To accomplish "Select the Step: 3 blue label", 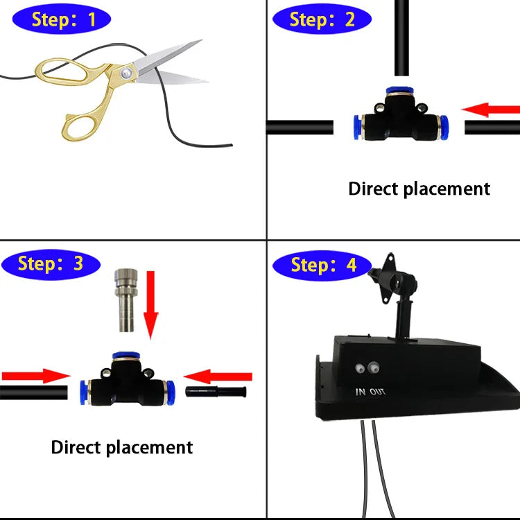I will coord(51,264).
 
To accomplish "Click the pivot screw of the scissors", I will coord(125,71).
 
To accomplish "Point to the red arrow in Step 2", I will coord(490,110).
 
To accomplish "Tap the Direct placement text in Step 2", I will coord(419,189).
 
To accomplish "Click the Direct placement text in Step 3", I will coord(122,447).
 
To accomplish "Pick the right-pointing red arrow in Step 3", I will coord(35,376).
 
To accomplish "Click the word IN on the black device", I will coord(361,392).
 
